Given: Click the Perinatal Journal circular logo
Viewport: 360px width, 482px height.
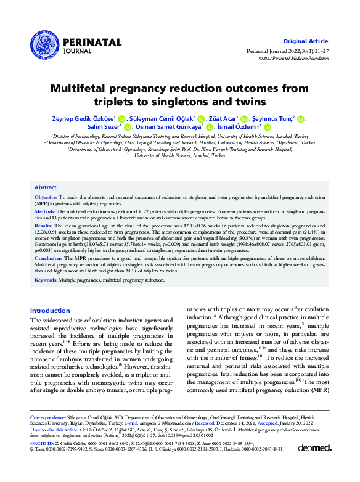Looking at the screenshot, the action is (46, 43).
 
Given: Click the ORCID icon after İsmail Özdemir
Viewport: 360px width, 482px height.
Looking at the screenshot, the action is (267, 127).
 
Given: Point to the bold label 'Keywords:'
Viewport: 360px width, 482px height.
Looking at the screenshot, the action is (46, 280).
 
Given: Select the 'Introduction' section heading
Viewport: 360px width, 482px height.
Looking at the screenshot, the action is (50, 311).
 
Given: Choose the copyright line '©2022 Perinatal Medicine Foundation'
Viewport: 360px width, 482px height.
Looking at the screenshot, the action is (295, 58).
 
